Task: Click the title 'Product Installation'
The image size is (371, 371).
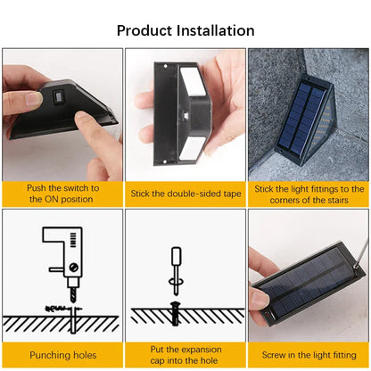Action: [x=185, y=29]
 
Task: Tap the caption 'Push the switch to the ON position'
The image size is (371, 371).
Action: [x=62, y=194]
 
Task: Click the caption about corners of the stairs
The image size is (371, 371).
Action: [x=309, y=194]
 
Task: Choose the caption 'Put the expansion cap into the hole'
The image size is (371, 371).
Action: [x=185, y=356]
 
